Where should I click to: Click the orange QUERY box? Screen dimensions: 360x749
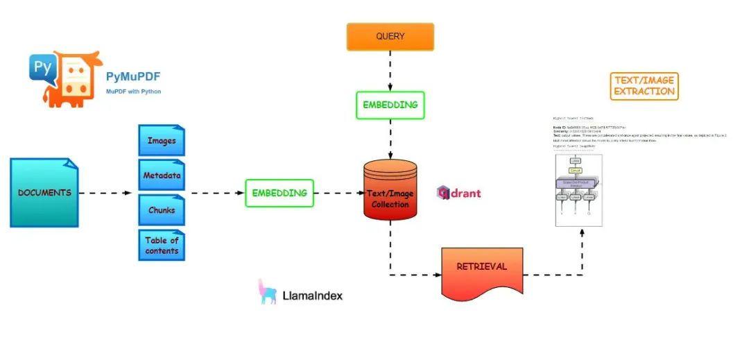[x=390, y=37]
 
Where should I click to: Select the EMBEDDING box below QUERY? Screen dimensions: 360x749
[x=390, y=105]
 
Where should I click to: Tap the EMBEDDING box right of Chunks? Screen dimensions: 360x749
[x=279, y=193]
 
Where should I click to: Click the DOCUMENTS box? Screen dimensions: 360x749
[x=44, y=193]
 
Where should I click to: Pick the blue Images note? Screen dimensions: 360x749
[x=161, y=141]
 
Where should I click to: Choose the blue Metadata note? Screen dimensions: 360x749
[x=161, y=175]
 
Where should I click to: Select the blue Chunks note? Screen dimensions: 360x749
[x=161, y=210]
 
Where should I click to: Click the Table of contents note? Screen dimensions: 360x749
[x=161, y=246]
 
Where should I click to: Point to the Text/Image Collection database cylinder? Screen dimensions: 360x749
[x=390, y=190]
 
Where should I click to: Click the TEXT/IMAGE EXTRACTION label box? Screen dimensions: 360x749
[x=644, y=86]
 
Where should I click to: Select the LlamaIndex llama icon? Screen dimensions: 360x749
[x=267, y=293]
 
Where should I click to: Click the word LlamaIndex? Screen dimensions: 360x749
[x=313, y=296]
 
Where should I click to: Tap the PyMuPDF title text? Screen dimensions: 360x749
[x=133, y=76]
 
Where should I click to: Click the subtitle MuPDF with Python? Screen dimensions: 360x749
[x=133, y=92]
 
